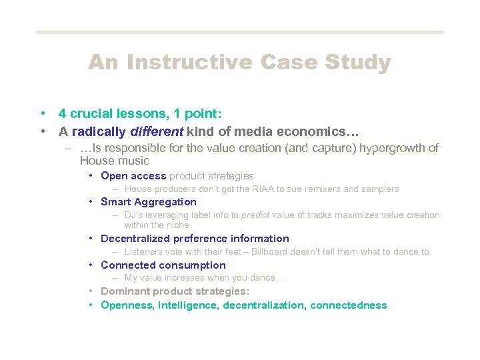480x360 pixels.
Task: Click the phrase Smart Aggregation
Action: pos(148,202)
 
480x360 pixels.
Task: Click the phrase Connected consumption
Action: pos(163,265)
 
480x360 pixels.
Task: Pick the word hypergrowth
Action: pos(392,148)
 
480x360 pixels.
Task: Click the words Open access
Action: pos(133,176)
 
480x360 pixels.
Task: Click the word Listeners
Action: pos(145,252)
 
